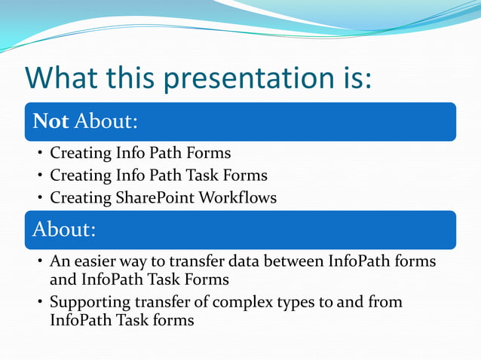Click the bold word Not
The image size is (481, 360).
pos(48,121)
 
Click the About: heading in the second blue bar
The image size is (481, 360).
pos(64,230)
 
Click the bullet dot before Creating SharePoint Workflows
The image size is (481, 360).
pos(40,199)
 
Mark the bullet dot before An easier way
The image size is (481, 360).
pos(40,263)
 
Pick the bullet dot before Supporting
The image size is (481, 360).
pos(40,304)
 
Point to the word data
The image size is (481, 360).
pos(244,262)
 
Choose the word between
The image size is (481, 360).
pos(295,262)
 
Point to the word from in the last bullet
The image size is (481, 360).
pos(386,303)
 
